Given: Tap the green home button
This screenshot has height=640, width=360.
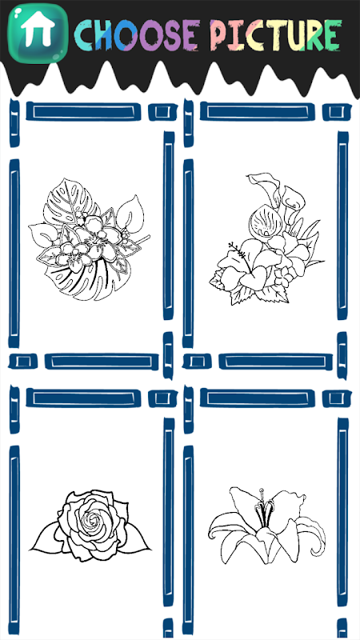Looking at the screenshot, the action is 38,34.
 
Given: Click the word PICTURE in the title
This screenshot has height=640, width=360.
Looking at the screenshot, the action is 275,34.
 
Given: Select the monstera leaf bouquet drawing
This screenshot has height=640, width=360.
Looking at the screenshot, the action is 90,240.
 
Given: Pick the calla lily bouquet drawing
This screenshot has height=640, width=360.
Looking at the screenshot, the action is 267,239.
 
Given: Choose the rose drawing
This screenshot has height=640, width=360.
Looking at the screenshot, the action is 91,526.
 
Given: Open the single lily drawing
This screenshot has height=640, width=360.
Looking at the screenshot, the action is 267,526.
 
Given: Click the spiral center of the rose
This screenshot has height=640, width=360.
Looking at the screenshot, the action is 92,519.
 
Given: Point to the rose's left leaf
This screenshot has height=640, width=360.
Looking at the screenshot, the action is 45,538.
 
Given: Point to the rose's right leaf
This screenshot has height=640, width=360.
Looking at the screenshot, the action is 137,538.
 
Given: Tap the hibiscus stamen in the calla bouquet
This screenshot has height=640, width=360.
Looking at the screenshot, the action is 238,251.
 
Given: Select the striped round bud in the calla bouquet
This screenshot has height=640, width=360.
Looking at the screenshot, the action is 262,222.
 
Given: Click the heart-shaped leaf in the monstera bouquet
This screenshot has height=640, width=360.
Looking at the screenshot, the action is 130,212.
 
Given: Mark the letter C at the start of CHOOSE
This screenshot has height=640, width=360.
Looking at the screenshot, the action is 85,35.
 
